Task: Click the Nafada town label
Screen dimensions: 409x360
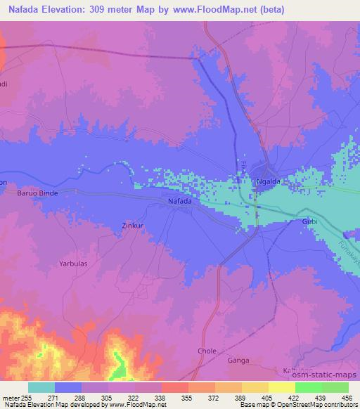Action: click(180, 202)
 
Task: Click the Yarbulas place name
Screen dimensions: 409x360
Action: click(72, 264)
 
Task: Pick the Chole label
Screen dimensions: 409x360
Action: click(207, 350)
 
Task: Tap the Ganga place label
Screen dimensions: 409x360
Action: click(239, 361)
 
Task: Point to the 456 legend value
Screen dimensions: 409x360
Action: click(346, 397)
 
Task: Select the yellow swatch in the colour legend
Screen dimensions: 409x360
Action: click(281, 387)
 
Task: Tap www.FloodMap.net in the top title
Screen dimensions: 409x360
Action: click(221, 11)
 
